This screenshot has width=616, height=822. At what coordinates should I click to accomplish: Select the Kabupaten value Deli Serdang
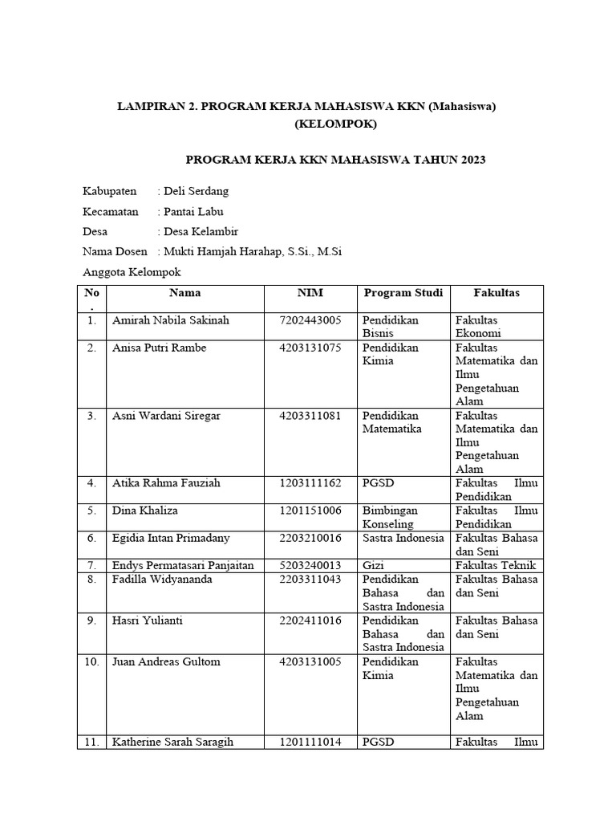tap(196, 191)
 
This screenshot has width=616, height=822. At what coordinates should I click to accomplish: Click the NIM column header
tap(310, 293)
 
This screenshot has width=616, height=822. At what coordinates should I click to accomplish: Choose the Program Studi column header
tap(403, 293)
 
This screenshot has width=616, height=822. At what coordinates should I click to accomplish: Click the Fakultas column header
tap(496, 293)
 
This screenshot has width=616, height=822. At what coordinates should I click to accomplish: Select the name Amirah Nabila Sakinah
tap(171, 320)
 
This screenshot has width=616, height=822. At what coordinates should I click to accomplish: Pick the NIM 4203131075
tap(310, 348)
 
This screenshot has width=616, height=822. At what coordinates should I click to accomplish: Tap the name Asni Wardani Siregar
tap(166, 416)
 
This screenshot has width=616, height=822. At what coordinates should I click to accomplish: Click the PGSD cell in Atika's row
tap(377, 483)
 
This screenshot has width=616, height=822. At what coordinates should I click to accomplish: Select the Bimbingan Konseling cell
tap(390, 517)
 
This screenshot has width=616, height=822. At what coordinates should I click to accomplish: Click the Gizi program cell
tap(373, 565)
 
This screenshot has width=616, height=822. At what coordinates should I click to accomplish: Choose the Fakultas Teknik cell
tap(496, 565)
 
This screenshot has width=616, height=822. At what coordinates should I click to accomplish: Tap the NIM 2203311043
tap(310, 580)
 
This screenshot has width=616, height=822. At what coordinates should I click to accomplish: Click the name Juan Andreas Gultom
tap(166, 661)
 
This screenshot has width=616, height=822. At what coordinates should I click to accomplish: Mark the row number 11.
tap(92, 743)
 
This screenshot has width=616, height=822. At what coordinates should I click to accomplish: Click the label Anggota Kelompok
tap(132, 272)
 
